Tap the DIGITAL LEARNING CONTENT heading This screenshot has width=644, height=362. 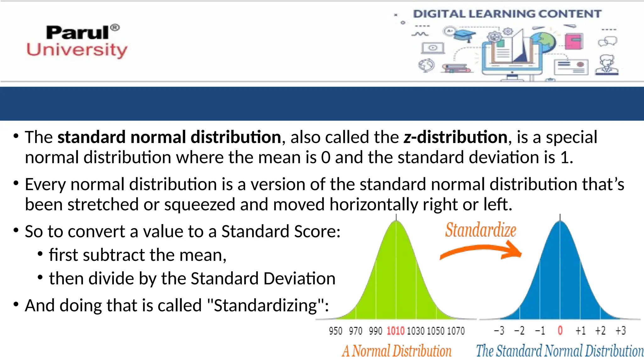(x=507, y=14)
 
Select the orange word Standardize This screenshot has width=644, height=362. (x=480, y=230)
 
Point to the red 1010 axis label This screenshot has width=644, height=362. (x=396, y=331)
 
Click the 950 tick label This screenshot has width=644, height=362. (x=336, y=331)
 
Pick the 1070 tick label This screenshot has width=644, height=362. (x=456, y=331)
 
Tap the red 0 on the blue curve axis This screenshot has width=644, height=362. (x=560, y=331)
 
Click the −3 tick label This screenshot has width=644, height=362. (x=499, y=331)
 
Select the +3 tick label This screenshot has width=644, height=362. (x=621, y=331)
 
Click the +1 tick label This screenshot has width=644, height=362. (x=580, y=331)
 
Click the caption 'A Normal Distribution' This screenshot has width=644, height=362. (x=397, y=351)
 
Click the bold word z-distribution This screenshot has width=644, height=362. (x=455, y=137)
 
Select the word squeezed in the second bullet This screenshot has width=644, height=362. (x=200, y=205)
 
